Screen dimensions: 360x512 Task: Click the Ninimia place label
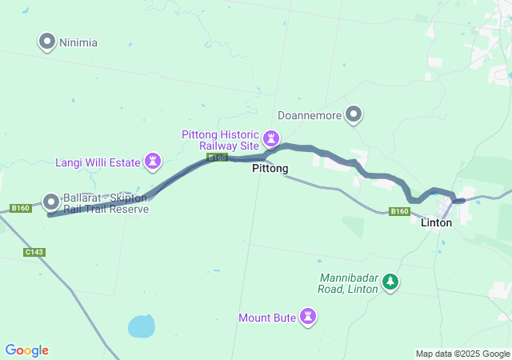click(78, 42)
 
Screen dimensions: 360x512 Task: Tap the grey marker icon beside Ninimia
click(47, 41)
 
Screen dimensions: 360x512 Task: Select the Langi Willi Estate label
click(98, 162)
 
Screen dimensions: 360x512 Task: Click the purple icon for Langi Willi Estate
click(152, 162)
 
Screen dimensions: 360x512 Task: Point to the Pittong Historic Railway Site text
click(220, 140)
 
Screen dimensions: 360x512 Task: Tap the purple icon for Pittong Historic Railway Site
click(271, 139)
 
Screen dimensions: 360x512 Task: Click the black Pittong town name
click(270, 169)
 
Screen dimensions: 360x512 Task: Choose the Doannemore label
click(309, 115)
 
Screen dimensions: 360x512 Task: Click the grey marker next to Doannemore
click(353, 114)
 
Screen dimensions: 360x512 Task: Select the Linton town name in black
click(436, 222)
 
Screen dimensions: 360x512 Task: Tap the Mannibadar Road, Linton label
click(348, 282)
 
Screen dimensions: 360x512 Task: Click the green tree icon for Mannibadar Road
click(390, 282)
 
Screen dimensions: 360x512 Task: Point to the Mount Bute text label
click(267, 318)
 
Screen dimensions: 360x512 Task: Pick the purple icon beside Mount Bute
click(307, 317)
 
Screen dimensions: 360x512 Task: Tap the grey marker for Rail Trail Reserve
click(51, 202)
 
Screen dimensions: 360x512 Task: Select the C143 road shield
click(34, 252)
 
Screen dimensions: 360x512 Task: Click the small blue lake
click(141, 326)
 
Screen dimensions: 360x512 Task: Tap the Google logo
click(26, 350)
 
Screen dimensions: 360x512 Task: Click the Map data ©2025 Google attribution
click(462, 354)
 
